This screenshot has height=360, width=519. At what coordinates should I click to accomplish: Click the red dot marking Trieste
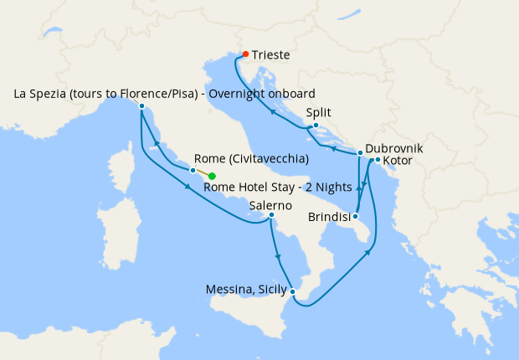click(245, 54)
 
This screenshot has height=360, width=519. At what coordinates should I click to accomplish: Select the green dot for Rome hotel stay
click(212, 176)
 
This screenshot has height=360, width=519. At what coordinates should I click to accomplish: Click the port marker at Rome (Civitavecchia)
click(193, 171)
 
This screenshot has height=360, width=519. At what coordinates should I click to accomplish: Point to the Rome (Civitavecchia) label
click(251, 158)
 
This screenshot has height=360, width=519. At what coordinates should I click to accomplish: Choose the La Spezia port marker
click(142, 106)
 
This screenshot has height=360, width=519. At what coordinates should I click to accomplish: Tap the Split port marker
click(316, 126)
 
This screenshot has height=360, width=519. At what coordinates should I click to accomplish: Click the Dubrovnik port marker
click(360, 153)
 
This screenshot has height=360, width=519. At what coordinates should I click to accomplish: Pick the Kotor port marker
click(378, 160)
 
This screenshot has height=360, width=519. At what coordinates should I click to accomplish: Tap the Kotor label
click(398, 160)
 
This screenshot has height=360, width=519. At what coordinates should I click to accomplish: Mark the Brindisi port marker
click(357, 215)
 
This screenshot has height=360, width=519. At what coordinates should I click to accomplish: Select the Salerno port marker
click(271, 215)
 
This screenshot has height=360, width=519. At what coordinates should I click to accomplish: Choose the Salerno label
click(270, 204)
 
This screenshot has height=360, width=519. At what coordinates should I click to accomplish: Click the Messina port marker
click(292, 291)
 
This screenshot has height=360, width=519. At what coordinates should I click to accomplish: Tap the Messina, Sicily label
click(247, 291)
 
